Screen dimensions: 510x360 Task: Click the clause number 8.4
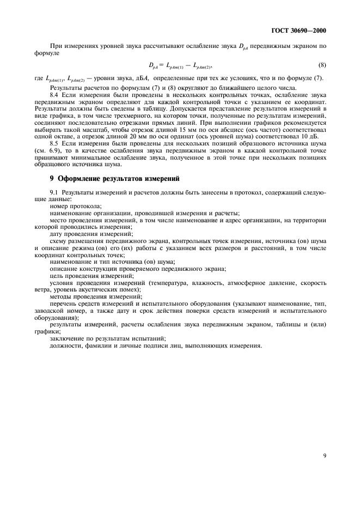(x=55, y=95)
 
